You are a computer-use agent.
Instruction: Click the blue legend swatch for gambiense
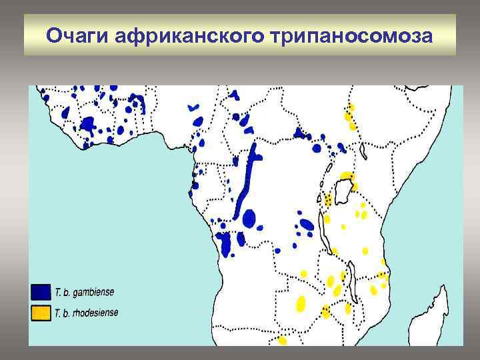(x=41, y=291)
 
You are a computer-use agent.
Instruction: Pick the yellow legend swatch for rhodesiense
(x=41, y=313)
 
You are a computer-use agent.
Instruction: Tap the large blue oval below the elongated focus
(x=249, y=218)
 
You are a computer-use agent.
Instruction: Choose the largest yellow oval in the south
(x=301, y=303)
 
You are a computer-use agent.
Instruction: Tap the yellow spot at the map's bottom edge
(x=283, y=341)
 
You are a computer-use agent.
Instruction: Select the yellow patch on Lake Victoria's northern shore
(x=346, y=176)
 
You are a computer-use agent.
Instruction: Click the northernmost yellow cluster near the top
(x=349, y=117)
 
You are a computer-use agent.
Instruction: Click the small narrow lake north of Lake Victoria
(x=363, y=152)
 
